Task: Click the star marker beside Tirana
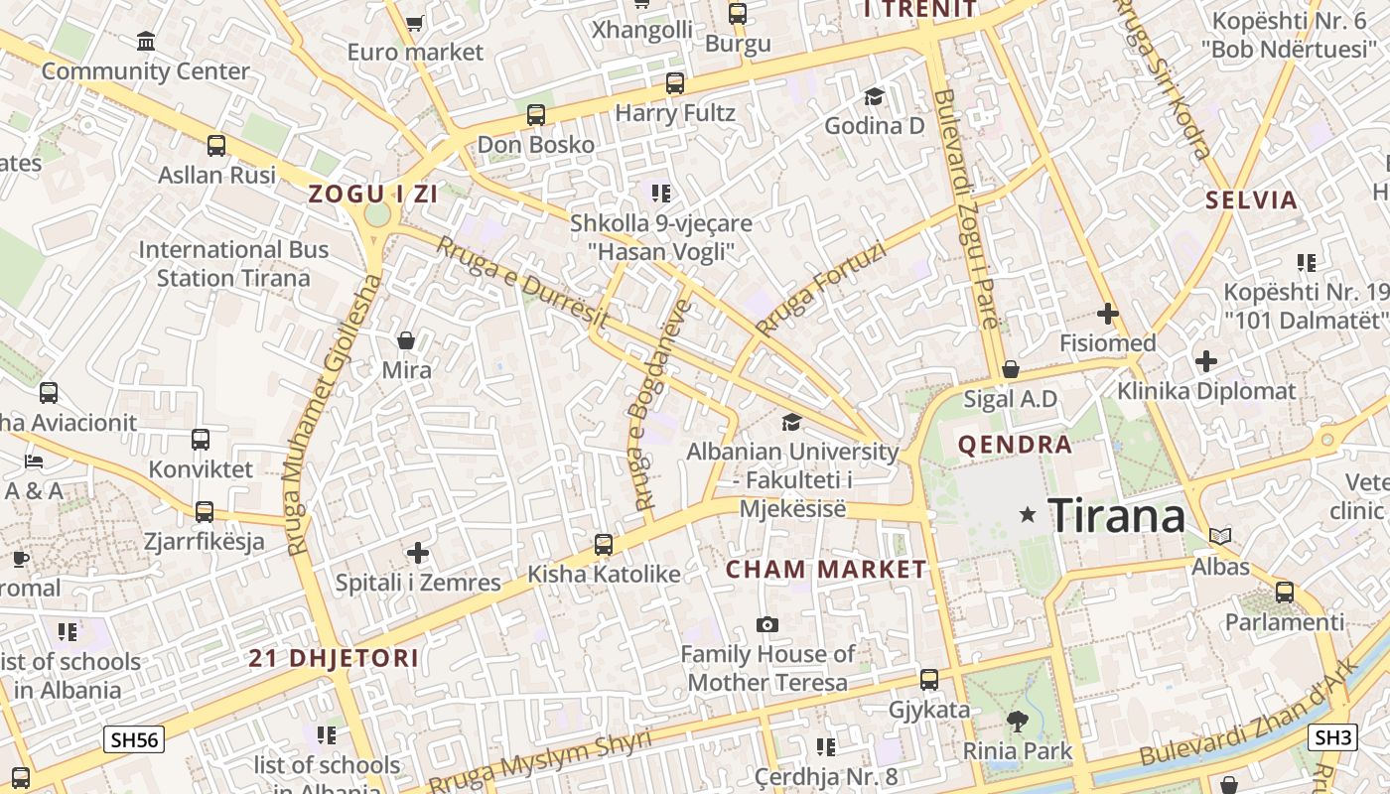click(x=1028, y=514)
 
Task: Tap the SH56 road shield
click(x=135, y=739)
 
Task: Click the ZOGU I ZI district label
click(x=373, y=195)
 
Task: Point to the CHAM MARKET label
click(x=825, y=570)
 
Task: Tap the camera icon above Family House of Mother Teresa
click(x=766, y=624)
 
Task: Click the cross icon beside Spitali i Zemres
click(x=418, y=552)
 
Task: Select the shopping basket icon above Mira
click(x=406, y=341)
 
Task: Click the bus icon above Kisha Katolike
click(x=604, y=544)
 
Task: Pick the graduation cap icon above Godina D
click(x=874, y=96)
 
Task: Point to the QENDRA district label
click(x=1015, y=445)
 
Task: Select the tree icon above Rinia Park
click(x=1017, y=721)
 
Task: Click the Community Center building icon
click(x=146, y=42)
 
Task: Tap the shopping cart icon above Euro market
click(x=415, y=22)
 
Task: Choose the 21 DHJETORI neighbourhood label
click(x=334, y=658)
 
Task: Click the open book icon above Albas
click(x=1220, y=536)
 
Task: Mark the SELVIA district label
click(x=1251, y=200)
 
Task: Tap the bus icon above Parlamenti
click(x=1285, y=593)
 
